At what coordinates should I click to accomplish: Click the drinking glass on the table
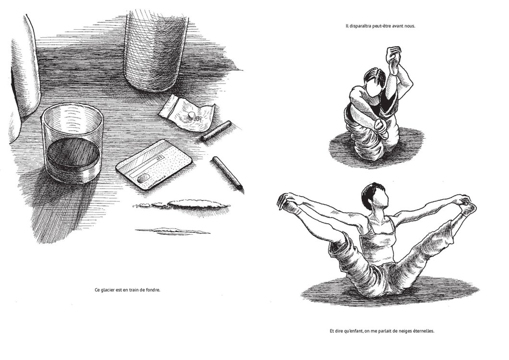pyautogui.click(x=72, y=144)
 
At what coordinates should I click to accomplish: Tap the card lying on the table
pyautogui.click(x=154, y=165)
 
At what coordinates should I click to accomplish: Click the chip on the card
pyautogui.click(x=144, y=178)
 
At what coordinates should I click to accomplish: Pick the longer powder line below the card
pyautogui.click(x=182, y=204)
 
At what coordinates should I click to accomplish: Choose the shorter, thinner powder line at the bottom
pyautogui.click(x=172, y=231)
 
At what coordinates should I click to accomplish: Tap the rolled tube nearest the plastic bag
pyautogui.click(x=216, y=131)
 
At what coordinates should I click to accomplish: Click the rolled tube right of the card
pyautogui.click(x=228, y=175)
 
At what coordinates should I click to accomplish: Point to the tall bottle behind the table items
pyautogui.click(x=156, y=48)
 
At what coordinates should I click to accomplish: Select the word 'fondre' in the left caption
pyautogui.click(x=153, y=290)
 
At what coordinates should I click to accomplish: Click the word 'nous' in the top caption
pyautogui.click(x=410, y=26)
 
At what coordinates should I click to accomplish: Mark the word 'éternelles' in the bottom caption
pyautogui.click(x=424, y=331)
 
